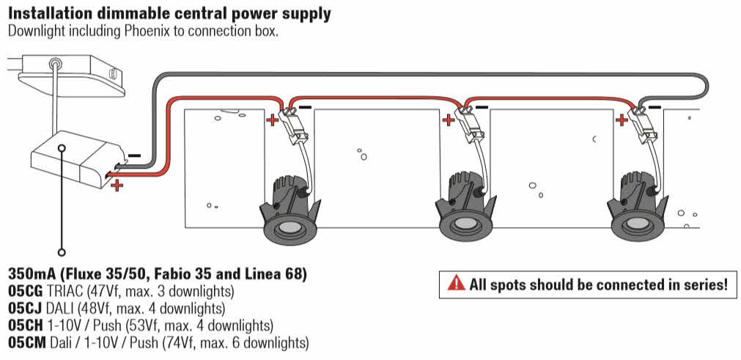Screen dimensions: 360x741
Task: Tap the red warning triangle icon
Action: point(457,282)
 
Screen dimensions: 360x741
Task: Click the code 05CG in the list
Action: point(26,290)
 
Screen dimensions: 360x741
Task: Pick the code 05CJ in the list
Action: point(24,308)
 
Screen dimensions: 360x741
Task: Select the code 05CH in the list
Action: point(26,325)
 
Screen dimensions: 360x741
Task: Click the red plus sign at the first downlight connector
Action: point(271,120)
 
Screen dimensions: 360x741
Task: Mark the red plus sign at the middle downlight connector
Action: point(448,120)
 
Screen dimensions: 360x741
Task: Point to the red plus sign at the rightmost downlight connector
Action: point(622,120)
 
